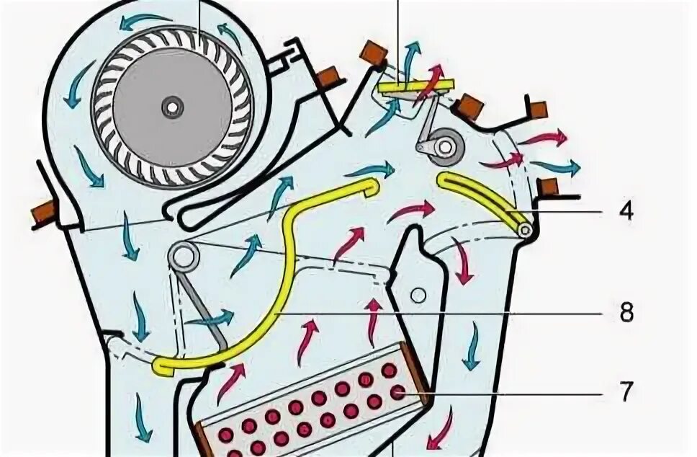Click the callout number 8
click(x=626, y=314)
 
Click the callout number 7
click(x=626, y=392)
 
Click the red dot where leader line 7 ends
click(x=397, y=392)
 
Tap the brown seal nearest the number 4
click(x=549, y=187)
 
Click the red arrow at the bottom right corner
click(x=441, y=429)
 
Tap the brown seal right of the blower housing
click(x=328, y=75)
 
